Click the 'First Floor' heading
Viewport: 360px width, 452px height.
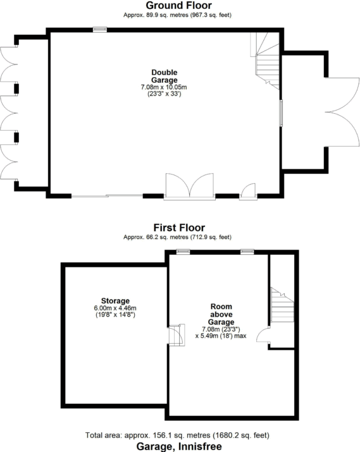coord(179,228)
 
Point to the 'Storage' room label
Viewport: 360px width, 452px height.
coord(115,300)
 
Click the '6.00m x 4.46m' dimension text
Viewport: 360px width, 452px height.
coord(115,307)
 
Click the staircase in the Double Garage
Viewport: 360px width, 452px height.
coord(266,60)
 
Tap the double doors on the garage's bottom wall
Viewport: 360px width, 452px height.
coord(189,186)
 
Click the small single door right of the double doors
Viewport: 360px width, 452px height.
coord(249,191)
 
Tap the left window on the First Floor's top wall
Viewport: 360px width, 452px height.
coord(183,252)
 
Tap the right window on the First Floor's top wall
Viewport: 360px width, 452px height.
coord(247,252)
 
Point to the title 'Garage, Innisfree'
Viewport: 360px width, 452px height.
coord(179,446)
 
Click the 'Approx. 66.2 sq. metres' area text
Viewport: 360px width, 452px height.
coord(179,237)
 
